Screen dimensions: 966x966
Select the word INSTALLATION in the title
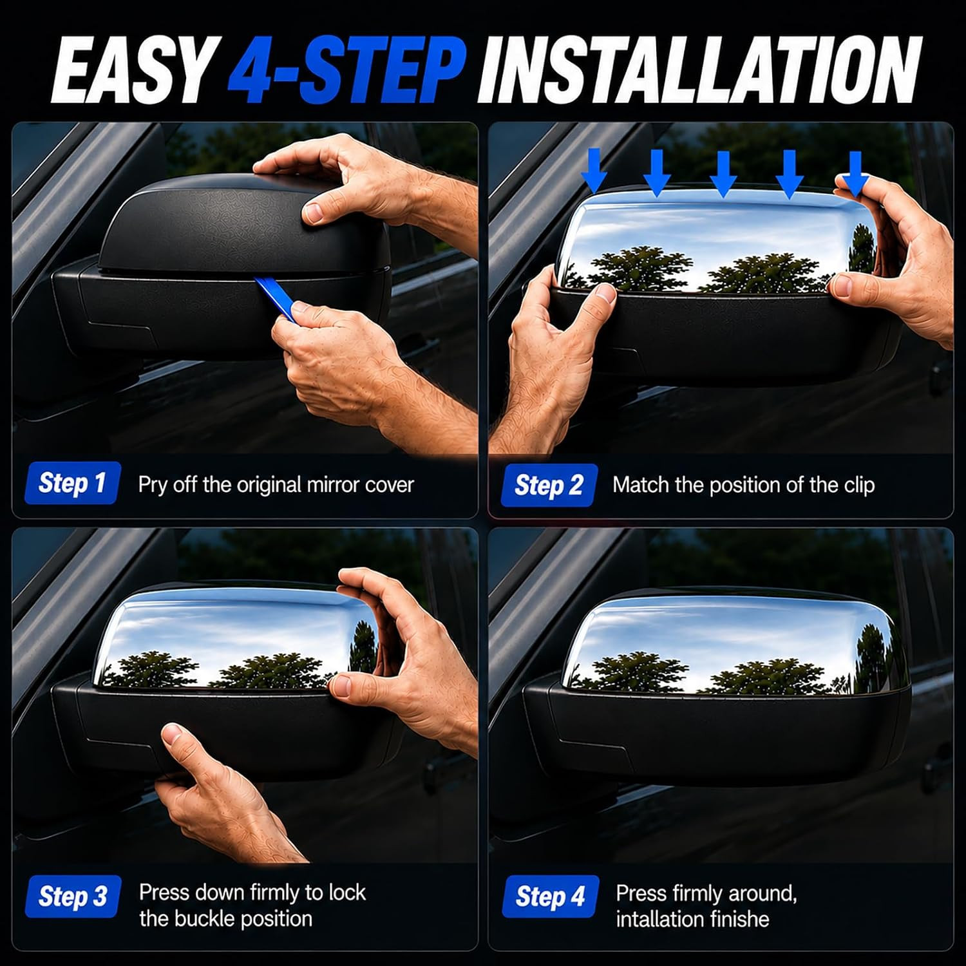700,69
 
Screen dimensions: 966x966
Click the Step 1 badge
72,483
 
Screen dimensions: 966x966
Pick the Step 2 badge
549,485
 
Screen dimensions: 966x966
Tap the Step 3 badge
73,896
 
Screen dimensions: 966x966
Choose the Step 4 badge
551,896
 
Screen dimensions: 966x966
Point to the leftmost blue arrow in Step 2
594,171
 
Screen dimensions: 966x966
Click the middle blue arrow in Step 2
723,174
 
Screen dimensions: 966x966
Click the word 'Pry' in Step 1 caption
153,485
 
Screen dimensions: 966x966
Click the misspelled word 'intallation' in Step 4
667,919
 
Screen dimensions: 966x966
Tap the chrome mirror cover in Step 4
728,644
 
